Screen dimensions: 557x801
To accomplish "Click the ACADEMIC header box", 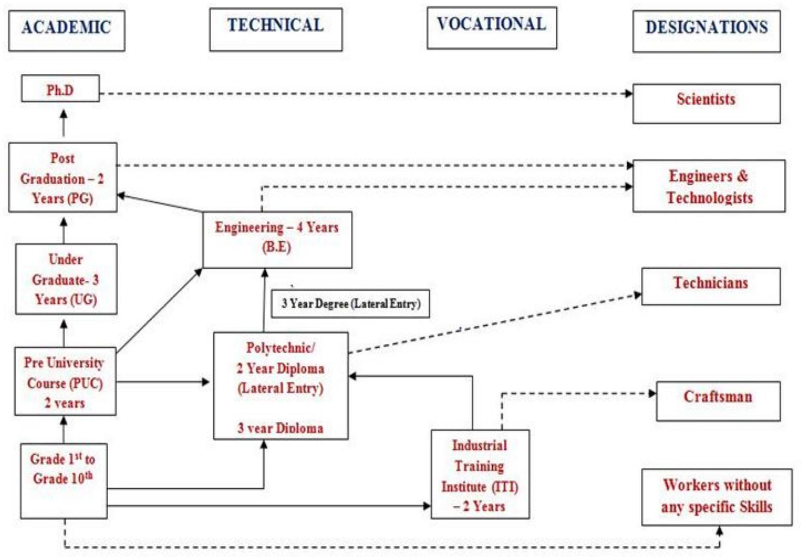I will point(67,30).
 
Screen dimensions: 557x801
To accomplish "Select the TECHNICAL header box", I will point(276,29).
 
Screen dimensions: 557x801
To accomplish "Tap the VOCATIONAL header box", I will point(492,27).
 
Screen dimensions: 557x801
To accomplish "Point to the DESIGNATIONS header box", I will point(706,30).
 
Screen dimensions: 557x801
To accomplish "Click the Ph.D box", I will point(60,89).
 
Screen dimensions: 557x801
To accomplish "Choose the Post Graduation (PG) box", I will point(63,178).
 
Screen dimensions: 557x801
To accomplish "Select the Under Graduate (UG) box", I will point(66,279).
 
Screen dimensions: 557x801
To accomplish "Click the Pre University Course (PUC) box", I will point(65,381).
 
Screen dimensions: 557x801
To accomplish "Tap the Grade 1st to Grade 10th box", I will point(64,481).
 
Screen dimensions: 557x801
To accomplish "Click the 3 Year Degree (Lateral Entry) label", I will point(351,304).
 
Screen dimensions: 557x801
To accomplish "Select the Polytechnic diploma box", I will point(281,385).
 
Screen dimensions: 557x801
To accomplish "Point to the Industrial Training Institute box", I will point(480,475).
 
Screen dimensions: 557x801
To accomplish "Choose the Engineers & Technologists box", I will point(709,186).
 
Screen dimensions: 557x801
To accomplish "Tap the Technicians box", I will point(711,286).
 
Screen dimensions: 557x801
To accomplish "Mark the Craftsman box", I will point(718,401).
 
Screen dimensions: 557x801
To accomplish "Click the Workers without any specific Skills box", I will point(717,497).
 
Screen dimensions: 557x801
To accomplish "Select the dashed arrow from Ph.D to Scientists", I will point(364,94).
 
